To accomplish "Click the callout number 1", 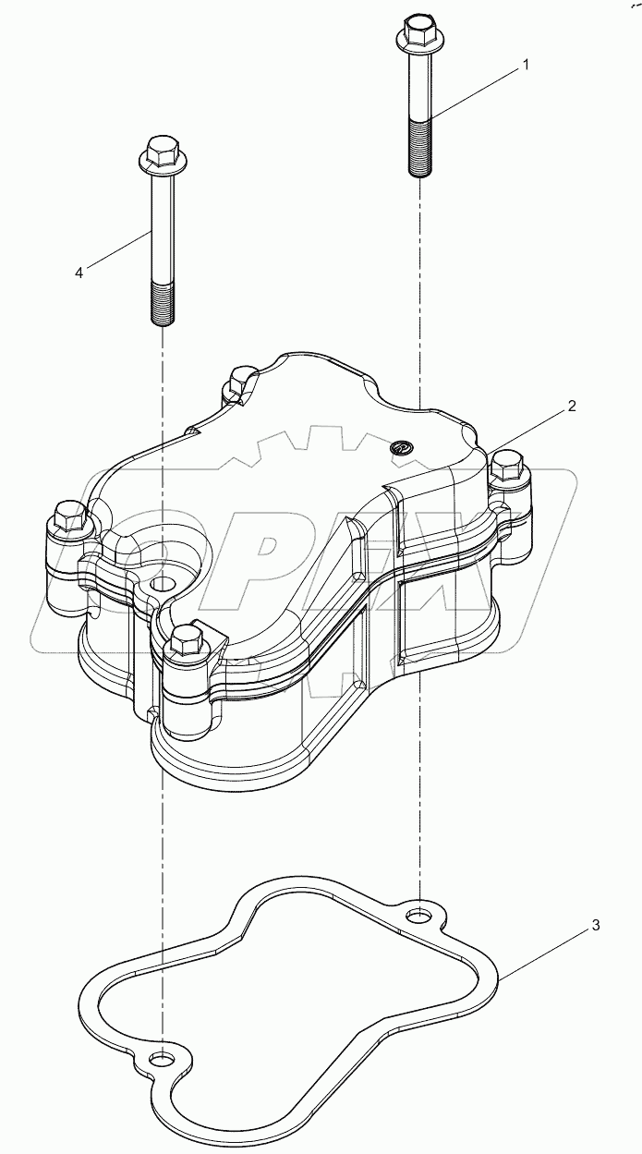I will [x=526, y=65].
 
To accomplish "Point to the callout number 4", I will [x=79, y=273].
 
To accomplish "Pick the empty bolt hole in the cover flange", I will [x=163, y=584].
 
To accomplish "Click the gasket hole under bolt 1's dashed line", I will [x=419, y=917].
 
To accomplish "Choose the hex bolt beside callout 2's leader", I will [x=507, y=463].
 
